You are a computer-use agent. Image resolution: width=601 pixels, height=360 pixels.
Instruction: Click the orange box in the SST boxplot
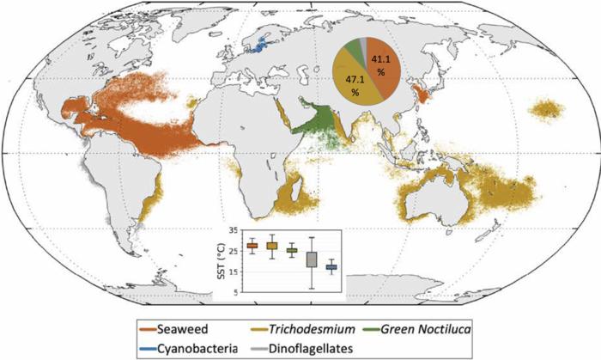(252, 246)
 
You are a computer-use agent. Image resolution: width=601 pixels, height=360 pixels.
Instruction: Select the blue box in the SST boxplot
(331, 268)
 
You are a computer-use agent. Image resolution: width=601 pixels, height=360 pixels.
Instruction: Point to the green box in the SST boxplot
(292, 250)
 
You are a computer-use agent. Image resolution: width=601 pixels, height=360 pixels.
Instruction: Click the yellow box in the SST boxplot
(272, 246)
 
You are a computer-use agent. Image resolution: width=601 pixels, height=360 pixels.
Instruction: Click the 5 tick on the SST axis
(234, 292)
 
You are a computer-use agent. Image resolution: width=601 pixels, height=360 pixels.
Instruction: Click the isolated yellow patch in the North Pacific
(548, 109)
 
